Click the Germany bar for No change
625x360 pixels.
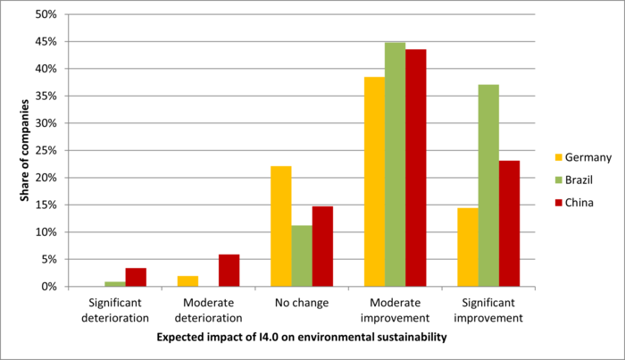(281, 226)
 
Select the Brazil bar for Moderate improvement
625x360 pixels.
(395, 164)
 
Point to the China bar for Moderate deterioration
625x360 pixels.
(229, 271)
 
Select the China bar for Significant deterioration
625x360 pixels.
(135, 277)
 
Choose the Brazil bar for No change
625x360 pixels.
(302, 255)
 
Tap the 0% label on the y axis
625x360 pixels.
(50, 287)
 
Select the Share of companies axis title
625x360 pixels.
(25, 151)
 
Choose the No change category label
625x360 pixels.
(302, 303)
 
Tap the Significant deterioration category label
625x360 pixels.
(114, 310)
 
